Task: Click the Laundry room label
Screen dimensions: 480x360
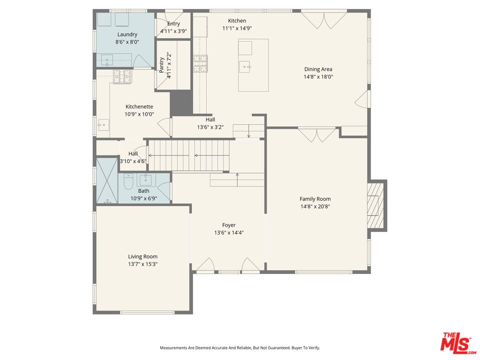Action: click(x=127, y=34)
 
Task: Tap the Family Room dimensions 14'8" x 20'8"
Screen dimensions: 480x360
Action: click(x=315, y=206)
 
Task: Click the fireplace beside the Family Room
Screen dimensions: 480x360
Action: click(x=375, y=205)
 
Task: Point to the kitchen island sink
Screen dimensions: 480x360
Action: click(x=245, y=66)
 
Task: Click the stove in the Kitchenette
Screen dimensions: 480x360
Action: click(x=123, y=76)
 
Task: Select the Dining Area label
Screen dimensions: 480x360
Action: click(x=318, y=69)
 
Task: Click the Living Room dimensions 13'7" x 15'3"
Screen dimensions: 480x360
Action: click(x=142, y=264)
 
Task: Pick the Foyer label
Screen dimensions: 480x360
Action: click(x=228, y=225)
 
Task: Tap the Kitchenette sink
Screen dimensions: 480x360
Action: click(x=103, y=125)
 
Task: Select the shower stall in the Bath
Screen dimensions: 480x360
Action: click(x=107, y=180)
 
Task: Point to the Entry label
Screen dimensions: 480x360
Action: click(x=173, y=24)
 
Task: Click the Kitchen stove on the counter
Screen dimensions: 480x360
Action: click(x=200, y=63)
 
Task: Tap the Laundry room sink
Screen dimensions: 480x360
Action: click(x=107, y=60)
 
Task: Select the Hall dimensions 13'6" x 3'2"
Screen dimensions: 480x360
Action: click(x=210, y=127)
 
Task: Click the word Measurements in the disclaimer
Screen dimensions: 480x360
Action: click(x=173, y=348)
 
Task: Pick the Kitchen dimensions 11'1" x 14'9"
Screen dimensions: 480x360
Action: click(x=237, y=28)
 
